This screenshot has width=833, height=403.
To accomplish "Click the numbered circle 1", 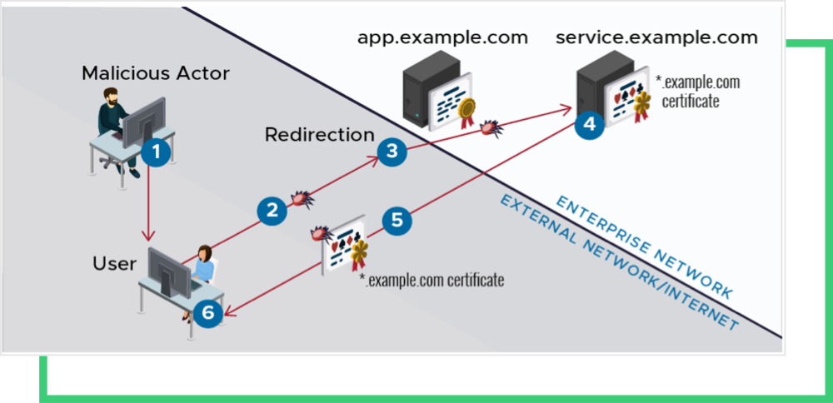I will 154,151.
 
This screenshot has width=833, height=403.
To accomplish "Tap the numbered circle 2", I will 272,210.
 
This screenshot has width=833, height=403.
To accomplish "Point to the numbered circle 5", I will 397,220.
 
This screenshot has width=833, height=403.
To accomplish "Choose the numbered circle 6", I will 208,312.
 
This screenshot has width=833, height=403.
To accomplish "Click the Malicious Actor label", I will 156,73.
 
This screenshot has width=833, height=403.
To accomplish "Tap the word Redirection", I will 320,134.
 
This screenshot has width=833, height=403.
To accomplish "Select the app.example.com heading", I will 442,37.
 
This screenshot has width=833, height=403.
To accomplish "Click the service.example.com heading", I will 656,37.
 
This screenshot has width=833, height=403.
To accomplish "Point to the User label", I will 114,264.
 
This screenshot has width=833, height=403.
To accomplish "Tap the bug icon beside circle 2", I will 301,200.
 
